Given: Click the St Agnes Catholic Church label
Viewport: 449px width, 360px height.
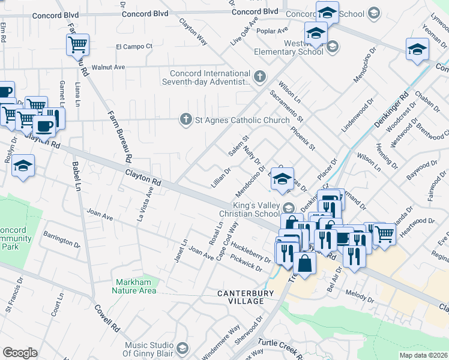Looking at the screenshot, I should tap(243, 120).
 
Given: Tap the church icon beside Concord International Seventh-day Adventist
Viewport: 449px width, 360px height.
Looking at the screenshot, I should tap(259, 76).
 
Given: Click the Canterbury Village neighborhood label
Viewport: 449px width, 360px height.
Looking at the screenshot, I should tap(246, 296).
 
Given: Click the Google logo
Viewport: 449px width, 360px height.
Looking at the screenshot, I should tap(20, 353).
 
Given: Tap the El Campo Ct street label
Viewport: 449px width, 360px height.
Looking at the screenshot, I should tap(134, 46).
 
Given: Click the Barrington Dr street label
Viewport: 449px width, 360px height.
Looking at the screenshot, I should tap(61, 240).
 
